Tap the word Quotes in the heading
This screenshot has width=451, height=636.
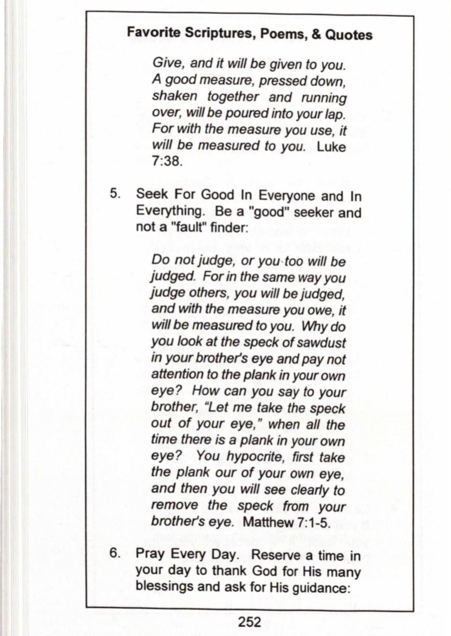coord(348,35)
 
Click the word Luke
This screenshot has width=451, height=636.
coord(331,147)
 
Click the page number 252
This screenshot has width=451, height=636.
coord(250,622)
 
